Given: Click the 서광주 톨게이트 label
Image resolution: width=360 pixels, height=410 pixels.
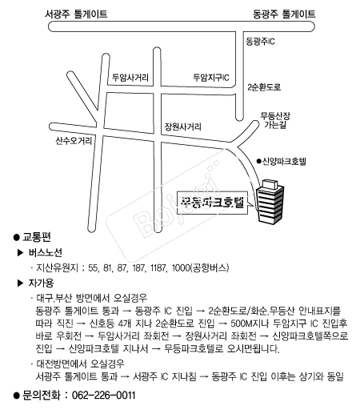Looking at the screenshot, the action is [x=76, y=14].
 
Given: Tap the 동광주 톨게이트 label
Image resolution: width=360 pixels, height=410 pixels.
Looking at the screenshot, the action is [x=284, y=14].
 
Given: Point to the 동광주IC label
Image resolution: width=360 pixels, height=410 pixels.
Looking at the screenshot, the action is [x=260, y=42].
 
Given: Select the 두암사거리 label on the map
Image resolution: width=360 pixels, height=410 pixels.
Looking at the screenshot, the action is [x=130, y=78].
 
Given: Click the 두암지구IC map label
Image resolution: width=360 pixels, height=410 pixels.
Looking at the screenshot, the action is [x=211, y=78].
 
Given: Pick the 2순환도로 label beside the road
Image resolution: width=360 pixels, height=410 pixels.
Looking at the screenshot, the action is [x=264, y=87].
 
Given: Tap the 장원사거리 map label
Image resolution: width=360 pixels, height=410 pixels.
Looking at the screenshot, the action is [x=182, y=127].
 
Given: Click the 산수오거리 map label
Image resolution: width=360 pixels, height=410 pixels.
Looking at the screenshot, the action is [x=74, y=140].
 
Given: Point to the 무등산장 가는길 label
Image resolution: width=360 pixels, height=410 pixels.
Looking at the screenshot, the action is [x=275, y=120].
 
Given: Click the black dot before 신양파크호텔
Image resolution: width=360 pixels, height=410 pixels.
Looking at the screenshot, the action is [x=258, y=161].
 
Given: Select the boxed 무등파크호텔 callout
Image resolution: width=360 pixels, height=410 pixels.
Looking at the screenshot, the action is [x=213, y=203].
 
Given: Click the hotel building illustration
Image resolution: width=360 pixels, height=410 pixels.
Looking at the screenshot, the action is [x=270, y=202].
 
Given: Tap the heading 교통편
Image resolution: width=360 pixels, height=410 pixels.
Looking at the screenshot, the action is [x=37, y=237].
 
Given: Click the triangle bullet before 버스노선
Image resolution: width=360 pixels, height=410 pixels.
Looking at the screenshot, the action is [x=21, y=252].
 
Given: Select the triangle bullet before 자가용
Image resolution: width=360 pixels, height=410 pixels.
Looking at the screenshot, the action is [x=21, y=283].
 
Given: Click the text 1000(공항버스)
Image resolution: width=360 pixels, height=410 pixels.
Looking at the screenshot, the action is [x=200, y=267].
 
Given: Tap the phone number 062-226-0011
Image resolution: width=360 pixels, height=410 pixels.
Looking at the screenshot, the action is [x=103, y=395].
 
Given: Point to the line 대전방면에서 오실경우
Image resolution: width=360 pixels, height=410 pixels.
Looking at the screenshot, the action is [x=80, y=364].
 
